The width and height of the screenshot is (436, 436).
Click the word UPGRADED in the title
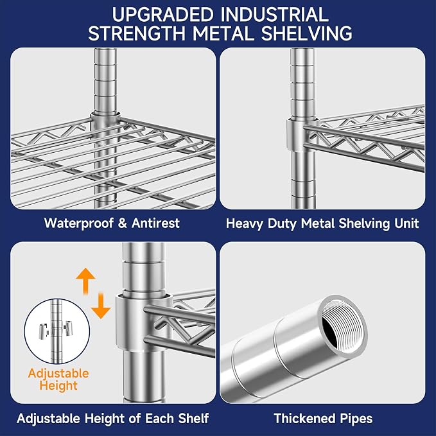162,15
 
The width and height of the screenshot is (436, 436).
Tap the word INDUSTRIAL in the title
274,15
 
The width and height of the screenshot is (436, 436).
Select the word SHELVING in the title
306,33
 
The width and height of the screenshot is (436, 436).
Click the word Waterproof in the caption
79,224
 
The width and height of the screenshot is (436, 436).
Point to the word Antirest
155,223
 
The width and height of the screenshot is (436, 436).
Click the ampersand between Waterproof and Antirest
123,223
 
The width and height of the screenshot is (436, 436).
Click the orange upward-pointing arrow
86,281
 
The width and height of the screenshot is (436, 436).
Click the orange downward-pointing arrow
101,306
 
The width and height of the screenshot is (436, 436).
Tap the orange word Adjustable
58,374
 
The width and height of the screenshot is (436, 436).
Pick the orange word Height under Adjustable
58,386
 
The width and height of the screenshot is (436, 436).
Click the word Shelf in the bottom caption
193,418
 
